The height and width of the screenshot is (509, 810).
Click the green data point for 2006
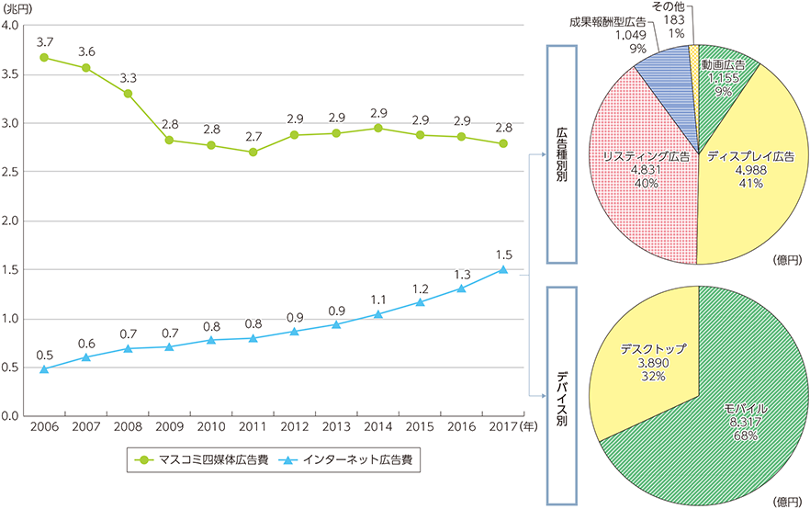44,58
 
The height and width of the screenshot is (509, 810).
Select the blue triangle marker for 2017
503,269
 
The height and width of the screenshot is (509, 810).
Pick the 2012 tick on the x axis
295,427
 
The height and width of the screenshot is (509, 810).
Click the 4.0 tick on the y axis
13,25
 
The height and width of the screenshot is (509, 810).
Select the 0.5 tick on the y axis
13,368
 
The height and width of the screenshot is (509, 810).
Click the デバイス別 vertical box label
560,395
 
